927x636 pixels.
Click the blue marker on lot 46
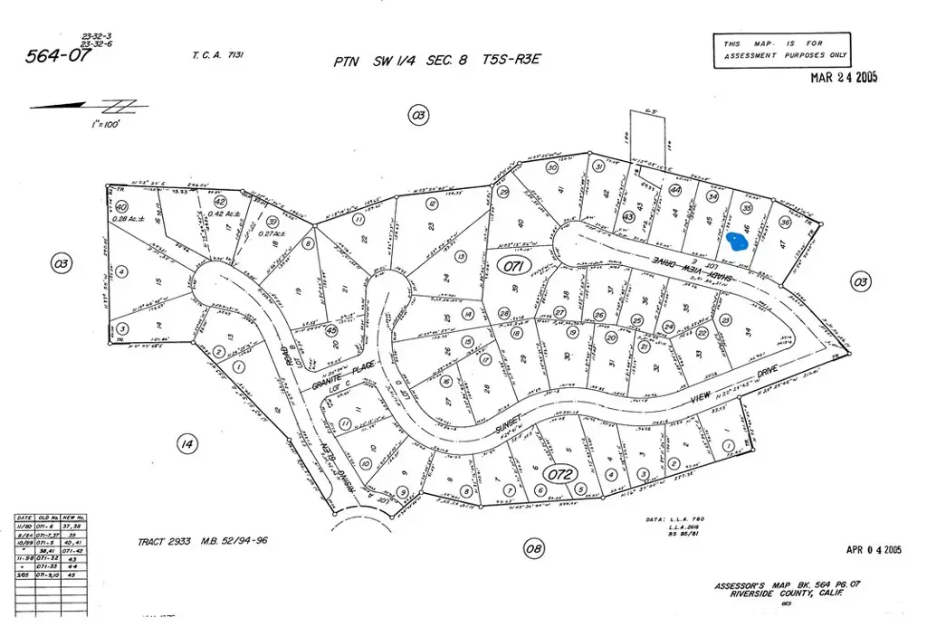tap(738, 242)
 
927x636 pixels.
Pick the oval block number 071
tap(512, 266)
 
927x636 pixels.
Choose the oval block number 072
tap(559, 473)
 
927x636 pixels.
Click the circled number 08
tap(534, 548)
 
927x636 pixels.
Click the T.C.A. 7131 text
tap(218, 55)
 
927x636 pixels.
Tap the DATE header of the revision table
tap(25, 518)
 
